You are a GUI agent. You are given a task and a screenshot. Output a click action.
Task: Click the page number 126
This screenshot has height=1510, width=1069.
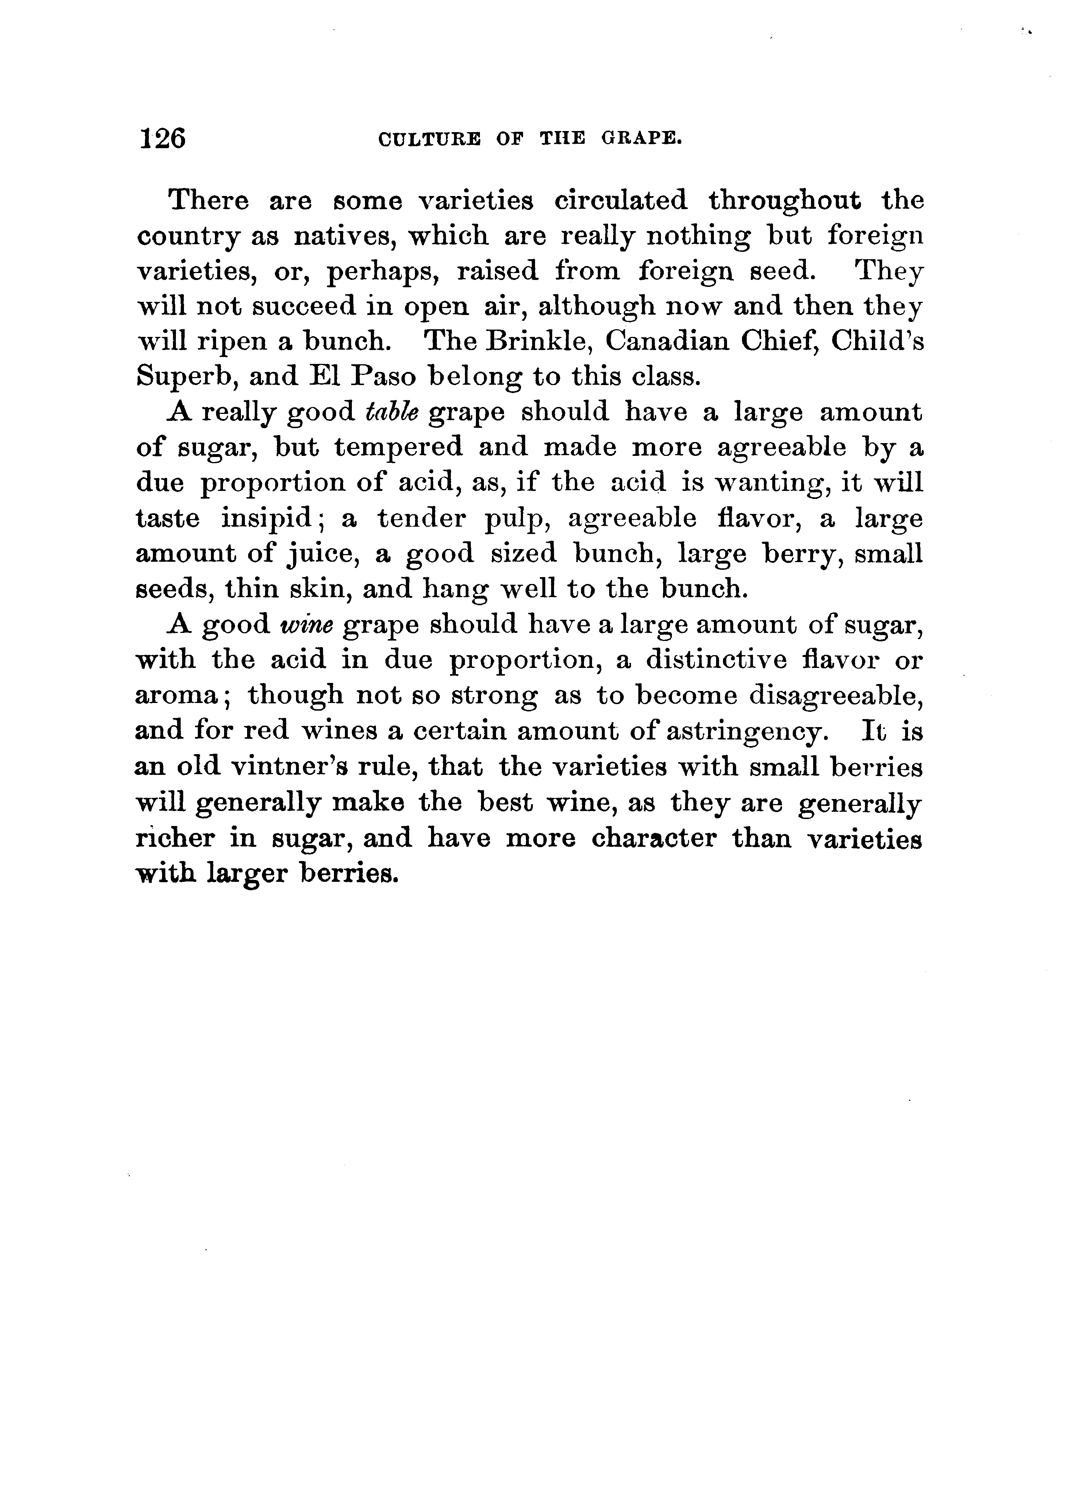point(162,139)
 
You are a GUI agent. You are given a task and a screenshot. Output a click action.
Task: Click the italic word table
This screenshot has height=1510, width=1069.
point(391,412)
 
